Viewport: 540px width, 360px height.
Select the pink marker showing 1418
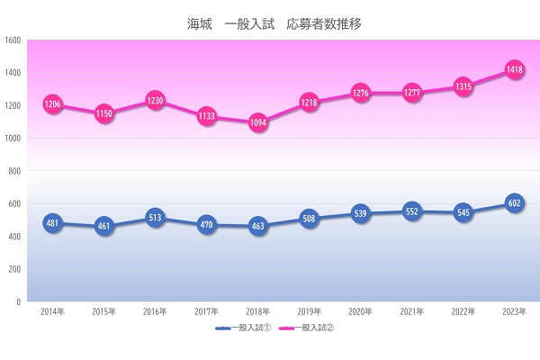pyautogui.click(x=515, y=69)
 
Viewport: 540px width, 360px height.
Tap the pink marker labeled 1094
pyautogui.click(x=258, y=122)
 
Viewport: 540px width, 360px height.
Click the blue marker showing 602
pyautogui.click(x=515, y=203)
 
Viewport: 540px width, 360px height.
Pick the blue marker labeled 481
pyautogui.click(x=52, y=223)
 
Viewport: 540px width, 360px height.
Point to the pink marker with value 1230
pyautogui.click(x=156, y=101)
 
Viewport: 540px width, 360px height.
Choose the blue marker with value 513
pyautogui.click(x=156, y=218)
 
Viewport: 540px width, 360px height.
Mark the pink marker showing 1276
pyautogui.click(x=361, y=93)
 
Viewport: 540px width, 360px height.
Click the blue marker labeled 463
pyautogui.click(x=258, y=226)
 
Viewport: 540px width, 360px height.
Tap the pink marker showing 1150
pyautogui.click(x=104, y=114)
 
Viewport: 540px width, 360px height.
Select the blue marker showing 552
pyautogui.click(x=412, y=211)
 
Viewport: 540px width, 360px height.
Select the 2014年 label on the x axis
pyautogui.click(x=52, y=311)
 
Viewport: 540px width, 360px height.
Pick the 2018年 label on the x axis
pyautogui.click(x=258, y=311)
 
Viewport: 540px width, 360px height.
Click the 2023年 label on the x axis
pyautogui.click(x=515, y=311)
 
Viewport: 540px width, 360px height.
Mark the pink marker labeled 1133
pyautogui.click(x=207, y=116)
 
